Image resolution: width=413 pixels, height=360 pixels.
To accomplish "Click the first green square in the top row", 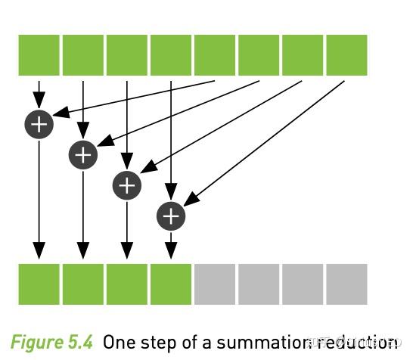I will click(39, 55).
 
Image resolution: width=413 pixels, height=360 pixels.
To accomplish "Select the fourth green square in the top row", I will click(171, 55).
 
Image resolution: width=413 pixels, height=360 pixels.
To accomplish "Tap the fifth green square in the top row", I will click(215, 55).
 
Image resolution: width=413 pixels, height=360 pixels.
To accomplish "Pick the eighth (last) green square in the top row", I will click(346, 55).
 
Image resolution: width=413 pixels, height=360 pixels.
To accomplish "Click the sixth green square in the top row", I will click(259, 55).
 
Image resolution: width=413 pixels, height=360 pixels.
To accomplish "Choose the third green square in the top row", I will click(127, 55).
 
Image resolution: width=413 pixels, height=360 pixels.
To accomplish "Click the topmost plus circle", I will click(39, 123).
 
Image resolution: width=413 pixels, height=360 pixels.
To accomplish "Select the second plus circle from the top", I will click(83, 155).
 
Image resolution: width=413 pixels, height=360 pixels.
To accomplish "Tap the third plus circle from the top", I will click(127, 185).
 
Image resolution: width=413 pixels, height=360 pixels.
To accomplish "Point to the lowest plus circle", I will click(171, 216).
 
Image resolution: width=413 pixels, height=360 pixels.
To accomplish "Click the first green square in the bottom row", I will click(39, 284).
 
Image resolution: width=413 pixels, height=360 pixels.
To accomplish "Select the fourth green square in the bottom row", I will click(171, 284).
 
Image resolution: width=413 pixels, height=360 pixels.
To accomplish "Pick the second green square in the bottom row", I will click(83, 284).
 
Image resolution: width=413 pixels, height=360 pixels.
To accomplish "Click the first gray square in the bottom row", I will click(215, 284).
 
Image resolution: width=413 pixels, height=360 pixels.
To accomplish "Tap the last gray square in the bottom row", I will click(346, 284).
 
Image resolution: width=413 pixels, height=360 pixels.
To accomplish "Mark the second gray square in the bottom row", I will click(259, 284).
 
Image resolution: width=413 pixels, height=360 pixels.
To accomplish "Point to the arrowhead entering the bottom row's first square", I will click(39, 251).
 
